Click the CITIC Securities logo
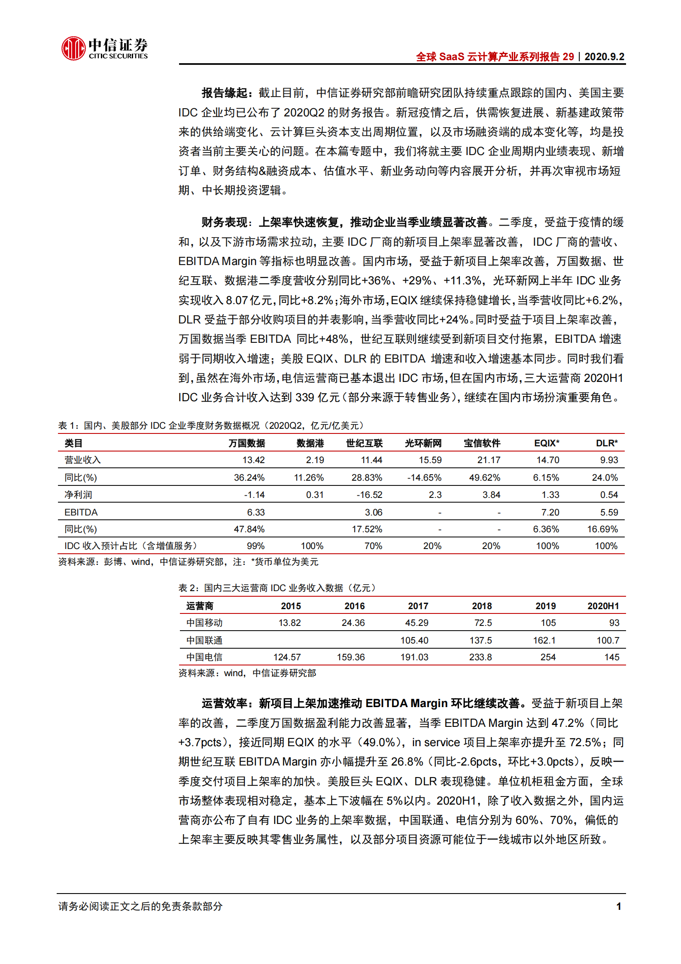[x=104, y=48]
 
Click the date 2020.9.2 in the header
[x=604, y=57]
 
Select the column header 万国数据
[x=246, y=443]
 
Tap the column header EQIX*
[x=546, y=443]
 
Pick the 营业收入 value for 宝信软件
[x=489, y=460]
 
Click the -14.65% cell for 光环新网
[x=424, y=478]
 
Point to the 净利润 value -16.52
[x=369, y=495]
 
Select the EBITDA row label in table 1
[x=81, y=513]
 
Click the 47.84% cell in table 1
[x=249, y=529]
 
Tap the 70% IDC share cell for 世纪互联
[x=373, y=546]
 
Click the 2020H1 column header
[x=603, y=606]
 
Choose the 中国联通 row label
[x=204, y=641]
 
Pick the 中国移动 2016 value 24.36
[x=353, y=623]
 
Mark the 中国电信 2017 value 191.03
[x=414, y=657]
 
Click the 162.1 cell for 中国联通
[x=544, y=641]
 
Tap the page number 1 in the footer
[x=619, y=906]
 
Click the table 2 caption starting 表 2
[x=277, y=588]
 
